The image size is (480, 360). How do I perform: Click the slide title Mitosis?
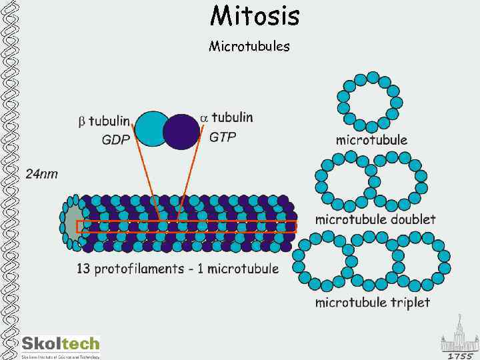click(x=255, y=15)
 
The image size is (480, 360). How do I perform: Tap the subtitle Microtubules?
click(x=249, y=46)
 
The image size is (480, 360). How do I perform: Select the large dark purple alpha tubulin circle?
click(x=181, y=131)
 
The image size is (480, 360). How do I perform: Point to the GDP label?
click(x=115, y=140)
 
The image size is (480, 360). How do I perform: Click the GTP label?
click(x=223, y=137)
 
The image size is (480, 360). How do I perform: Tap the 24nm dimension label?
click(x=41, y=174)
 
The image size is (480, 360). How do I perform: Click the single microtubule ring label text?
click(x=371, y=140)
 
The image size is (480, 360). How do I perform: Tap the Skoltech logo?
click(x=60, y=345)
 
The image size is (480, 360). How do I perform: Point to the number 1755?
click(x=461, y=355)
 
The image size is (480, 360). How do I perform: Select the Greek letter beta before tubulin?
click(x=82, y=122)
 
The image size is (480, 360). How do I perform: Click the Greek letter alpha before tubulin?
click(x=205, y=117)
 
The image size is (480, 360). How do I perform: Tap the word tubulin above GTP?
click(x=233, y=117)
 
